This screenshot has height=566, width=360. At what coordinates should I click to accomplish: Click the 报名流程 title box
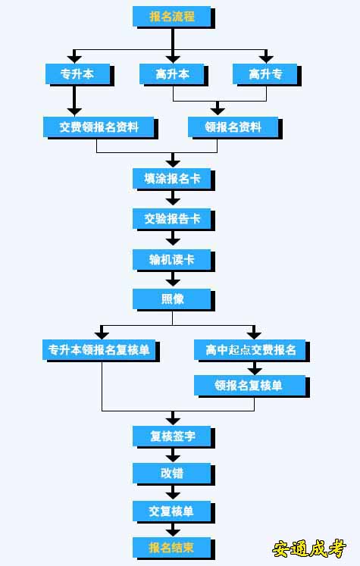172,17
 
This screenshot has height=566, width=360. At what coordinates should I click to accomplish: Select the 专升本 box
77,74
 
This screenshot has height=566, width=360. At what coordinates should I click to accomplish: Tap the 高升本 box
172,74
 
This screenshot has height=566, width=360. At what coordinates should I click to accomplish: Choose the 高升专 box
265,74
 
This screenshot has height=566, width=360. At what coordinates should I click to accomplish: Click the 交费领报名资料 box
99,127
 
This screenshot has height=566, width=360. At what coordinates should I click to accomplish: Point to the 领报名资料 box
233,127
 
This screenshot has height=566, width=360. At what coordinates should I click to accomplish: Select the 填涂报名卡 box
172,178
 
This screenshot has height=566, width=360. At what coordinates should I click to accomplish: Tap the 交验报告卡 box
172,219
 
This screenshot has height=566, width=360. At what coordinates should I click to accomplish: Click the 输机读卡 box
172,260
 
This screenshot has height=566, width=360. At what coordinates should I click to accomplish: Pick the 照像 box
172,299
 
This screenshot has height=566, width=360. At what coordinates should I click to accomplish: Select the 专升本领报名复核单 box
99,350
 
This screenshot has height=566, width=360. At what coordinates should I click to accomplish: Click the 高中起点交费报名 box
250,350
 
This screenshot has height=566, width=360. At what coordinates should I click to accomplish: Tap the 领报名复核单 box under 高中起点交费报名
250,386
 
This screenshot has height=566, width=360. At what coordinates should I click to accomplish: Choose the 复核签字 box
172,436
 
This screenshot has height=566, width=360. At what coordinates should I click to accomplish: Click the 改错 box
172,474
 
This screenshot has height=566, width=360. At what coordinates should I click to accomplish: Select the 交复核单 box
172,511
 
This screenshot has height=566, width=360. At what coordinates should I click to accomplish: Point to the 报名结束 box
172,548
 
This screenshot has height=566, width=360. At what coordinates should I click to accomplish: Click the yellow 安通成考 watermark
309,549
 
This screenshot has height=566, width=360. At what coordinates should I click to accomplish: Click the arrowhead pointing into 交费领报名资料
74,111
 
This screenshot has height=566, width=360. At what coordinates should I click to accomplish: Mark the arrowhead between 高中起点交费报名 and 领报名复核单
255,371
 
